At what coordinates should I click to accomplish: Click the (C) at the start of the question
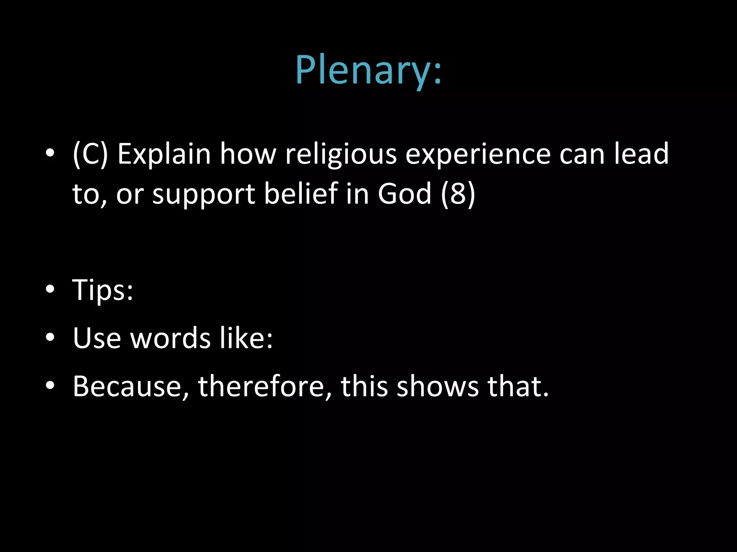coord(90,154)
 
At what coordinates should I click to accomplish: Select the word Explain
coord(164,154)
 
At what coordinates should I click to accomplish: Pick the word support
coord(204,194)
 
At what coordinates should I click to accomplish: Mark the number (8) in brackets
coord(458,194)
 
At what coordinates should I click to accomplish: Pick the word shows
coord(437,386)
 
